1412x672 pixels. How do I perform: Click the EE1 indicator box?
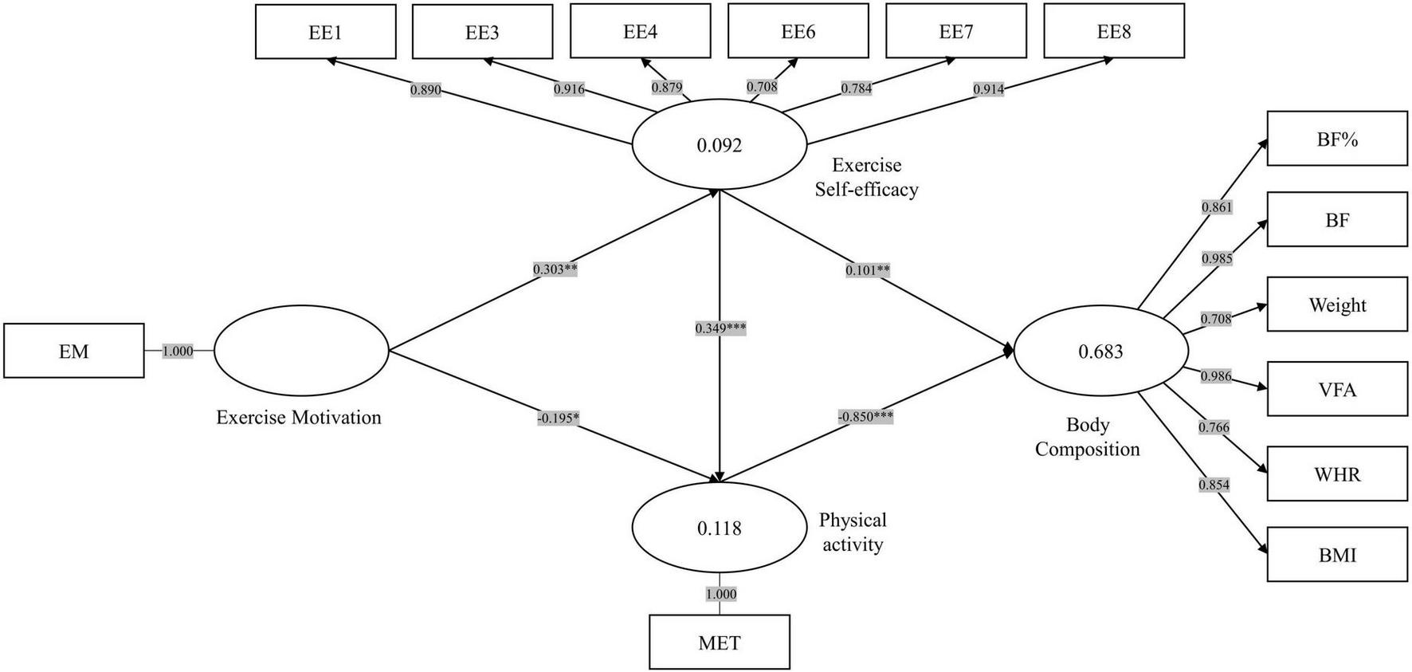tap(325, 32)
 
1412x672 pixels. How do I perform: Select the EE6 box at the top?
tap(798, 32)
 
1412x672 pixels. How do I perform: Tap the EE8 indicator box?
tap(1114, 32)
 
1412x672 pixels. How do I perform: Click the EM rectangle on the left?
tap(74, 351)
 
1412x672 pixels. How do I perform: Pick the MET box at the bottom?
tap(720, 642)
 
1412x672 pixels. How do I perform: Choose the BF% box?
tap(1337, 140)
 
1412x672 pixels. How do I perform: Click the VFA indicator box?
tap(1337, 389)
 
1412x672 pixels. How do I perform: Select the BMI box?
tap(1337, 554)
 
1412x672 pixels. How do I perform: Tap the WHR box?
tap(1337, 474)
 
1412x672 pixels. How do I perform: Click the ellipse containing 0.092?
tap(720, 145)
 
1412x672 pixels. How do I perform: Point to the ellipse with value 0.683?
tap(1100, 351)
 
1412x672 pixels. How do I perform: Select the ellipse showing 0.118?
tap(720, 528)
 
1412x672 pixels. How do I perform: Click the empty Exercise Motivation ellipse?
tap(300, 351)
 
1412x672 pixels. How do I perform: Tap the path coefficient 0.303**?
tap(555, 269)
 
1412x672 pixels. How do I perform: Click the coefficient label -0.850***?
tap(865, 416)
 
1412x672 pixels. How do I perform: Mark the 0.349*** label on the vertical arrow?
tap(720, 328)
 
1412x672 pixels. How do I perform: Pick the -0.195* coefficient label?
tap(558, 418)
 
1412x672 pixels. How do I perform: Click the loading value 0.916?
tap(569, 89)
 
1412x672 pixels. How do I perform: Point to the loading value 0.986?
tap(1215, 376)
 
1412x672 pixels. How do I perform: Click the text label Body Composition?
tap(1087, 437)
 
